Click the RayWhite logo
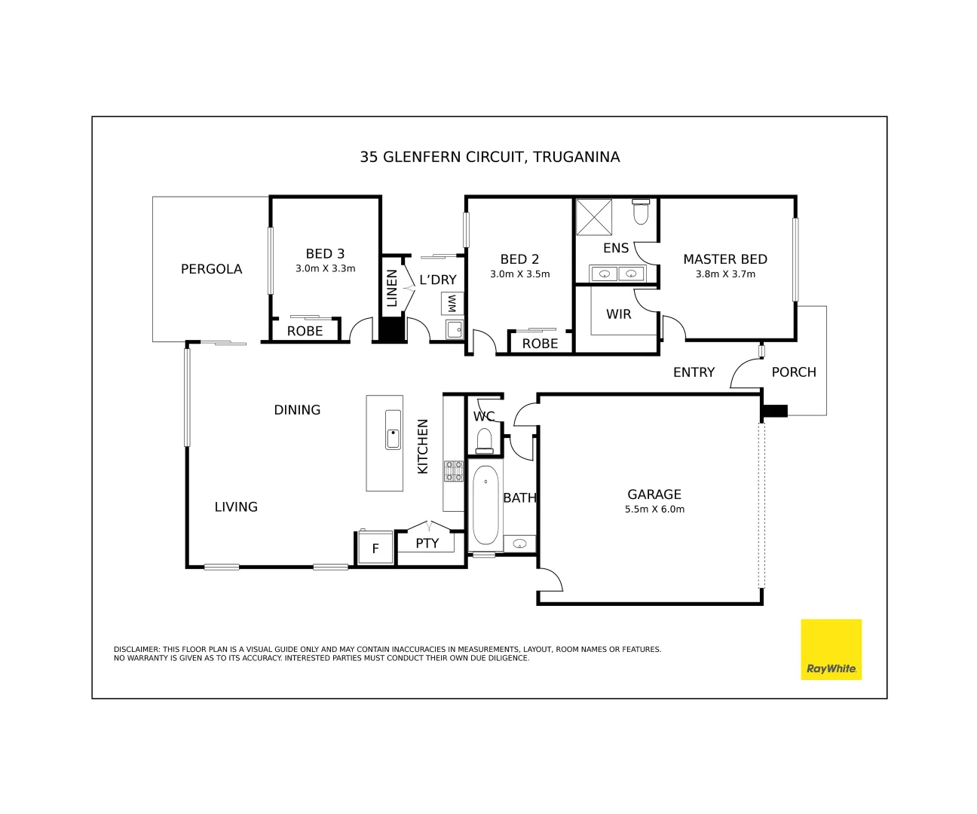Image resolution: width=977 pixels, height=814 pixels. coord(831,649)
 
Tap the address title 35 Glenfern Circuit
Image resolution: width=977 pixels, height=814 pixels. coord(489,157)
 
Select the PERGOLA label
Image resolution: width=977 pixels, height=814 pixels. coord(211,269)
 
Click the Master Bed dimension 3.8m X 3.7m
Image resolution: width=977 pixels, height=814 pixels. coord(725,274)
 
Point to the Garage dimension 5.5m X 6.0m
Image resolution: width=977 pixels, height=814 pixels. coord(654,510)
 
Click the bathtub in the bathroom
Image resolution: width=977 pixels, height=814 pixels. coord(485,505)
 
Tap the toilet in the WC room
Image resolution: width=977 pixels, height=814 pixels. coord(484,440)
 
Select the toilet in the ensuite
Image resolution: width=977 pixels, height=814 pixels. coord(641,212)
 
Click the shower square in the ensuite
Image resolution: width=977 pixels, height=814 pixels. coord(594,217)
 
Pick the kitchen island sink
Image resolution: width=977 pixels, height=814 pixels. coord(393,430)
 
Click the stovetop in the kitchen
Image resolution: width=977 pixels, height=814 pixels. coord(453,471)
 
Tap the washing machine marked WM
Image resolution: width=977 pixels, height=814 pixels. coord(452,304)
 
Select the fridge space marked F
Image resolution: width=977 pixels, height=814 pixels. coord(375,549)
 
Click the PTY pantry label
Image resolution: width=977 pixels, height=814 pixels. coord(427,543)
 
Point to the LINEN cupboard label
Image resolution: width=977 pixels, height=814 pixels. coord(392,288)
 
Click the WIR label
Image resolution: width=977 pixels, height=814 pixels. coord(618,314)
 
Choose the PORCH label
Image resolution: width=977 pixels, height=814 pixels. coord(794,372)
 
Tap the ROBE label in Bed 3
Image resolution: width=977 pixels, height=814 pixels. coord(305,331)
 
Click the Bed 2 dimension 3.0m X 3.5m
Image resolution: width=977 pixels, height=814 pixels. coord(519,274)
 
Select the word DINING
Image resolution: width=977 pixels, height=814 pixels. coord(297,410)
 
